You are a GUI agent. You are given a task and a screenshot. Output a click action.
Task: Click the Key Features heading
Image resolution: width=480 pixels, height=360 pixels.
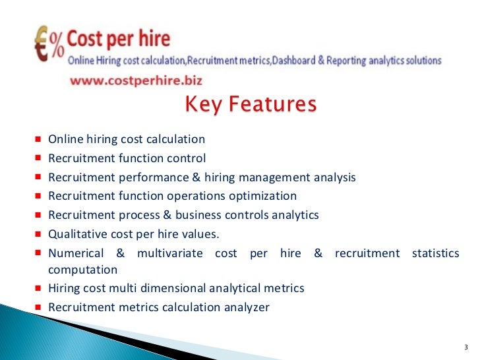click(x=250, y=105)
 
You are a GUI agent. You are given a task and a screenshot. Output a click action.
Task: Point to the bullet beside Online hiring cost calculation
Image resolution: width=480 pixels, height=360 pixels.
click(x=39, y=140)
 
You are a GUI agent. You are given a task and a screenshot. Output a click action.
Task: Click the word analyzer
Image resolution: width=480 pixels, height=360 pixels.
click(x=246, y=307)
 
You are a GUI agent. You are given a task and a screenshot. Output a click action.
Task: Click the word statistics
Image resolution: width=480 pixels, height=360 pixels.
click(x=435, y=254)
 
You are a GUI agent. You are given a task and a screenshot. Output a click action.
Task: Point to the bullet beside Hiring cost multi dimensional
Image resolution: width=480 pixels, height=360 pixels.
click(x=39, y=288)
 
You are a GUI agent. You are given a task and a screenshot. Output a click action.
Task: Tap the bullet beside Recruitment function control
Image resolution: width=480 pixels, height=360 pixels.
click(x=39, y=158)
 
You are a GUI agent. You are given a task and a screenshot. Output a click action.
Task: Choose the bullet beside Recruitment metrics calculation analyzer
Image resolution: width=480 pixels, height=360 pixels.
click(x=39, y=307)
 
